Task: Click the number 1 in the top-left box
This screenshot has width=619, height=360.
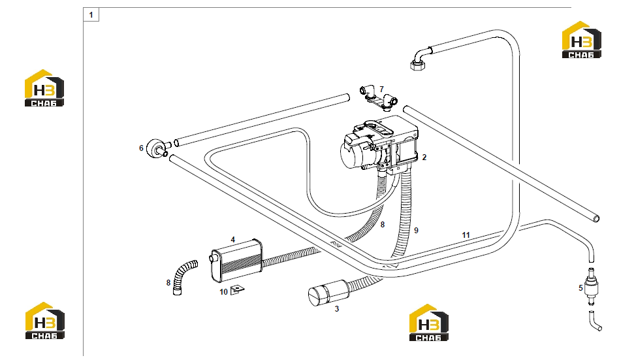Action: pos(91,15)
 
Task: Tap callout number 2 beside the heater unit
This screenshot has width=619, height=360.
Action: pos(424,157)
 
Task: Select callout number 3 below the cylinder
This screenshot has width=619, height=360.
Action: pos(337,308)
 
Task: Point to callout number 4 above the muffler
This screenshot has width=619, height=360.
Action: pos(233,240)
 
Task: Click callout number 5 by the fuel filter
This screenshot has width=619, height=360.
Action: pos(580,288)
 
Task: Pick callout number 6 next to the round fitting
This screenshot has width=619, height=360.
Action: pos(141,148)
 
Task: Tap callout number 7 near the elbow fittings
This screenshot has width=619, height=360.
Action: pos(381,90)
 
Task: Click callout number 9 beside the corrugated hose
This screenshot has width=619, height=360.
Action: pos(416,231)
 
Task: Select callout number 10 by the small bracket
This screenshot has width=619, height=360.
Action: pos(224,292)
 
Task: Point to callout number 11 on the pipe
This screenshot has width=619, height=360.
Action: pos(466,235)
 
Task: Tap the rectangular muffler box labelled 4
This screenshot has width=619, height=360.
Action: pos(236,261)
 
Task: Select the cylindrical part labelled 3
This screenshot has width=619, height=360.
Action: pos(328,293)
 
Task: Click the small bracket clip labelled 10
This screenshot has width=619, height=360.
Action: pos(237,289)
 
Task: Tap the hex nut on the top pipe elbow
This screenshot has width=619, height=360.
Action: pos(417,65)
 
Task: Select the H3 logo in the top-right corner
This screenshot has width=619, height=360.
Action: pos(582,39)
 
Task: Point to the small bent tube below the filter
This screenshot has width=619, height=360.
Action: pos(594,321)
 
